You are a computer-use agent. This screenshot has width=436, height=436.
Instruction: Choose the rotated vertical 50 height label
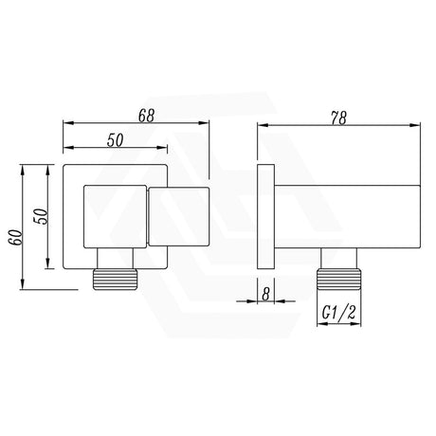[40, 217]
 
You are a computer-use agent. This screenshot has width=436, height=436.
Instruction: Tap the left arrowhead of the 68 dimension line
[66, 124]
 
